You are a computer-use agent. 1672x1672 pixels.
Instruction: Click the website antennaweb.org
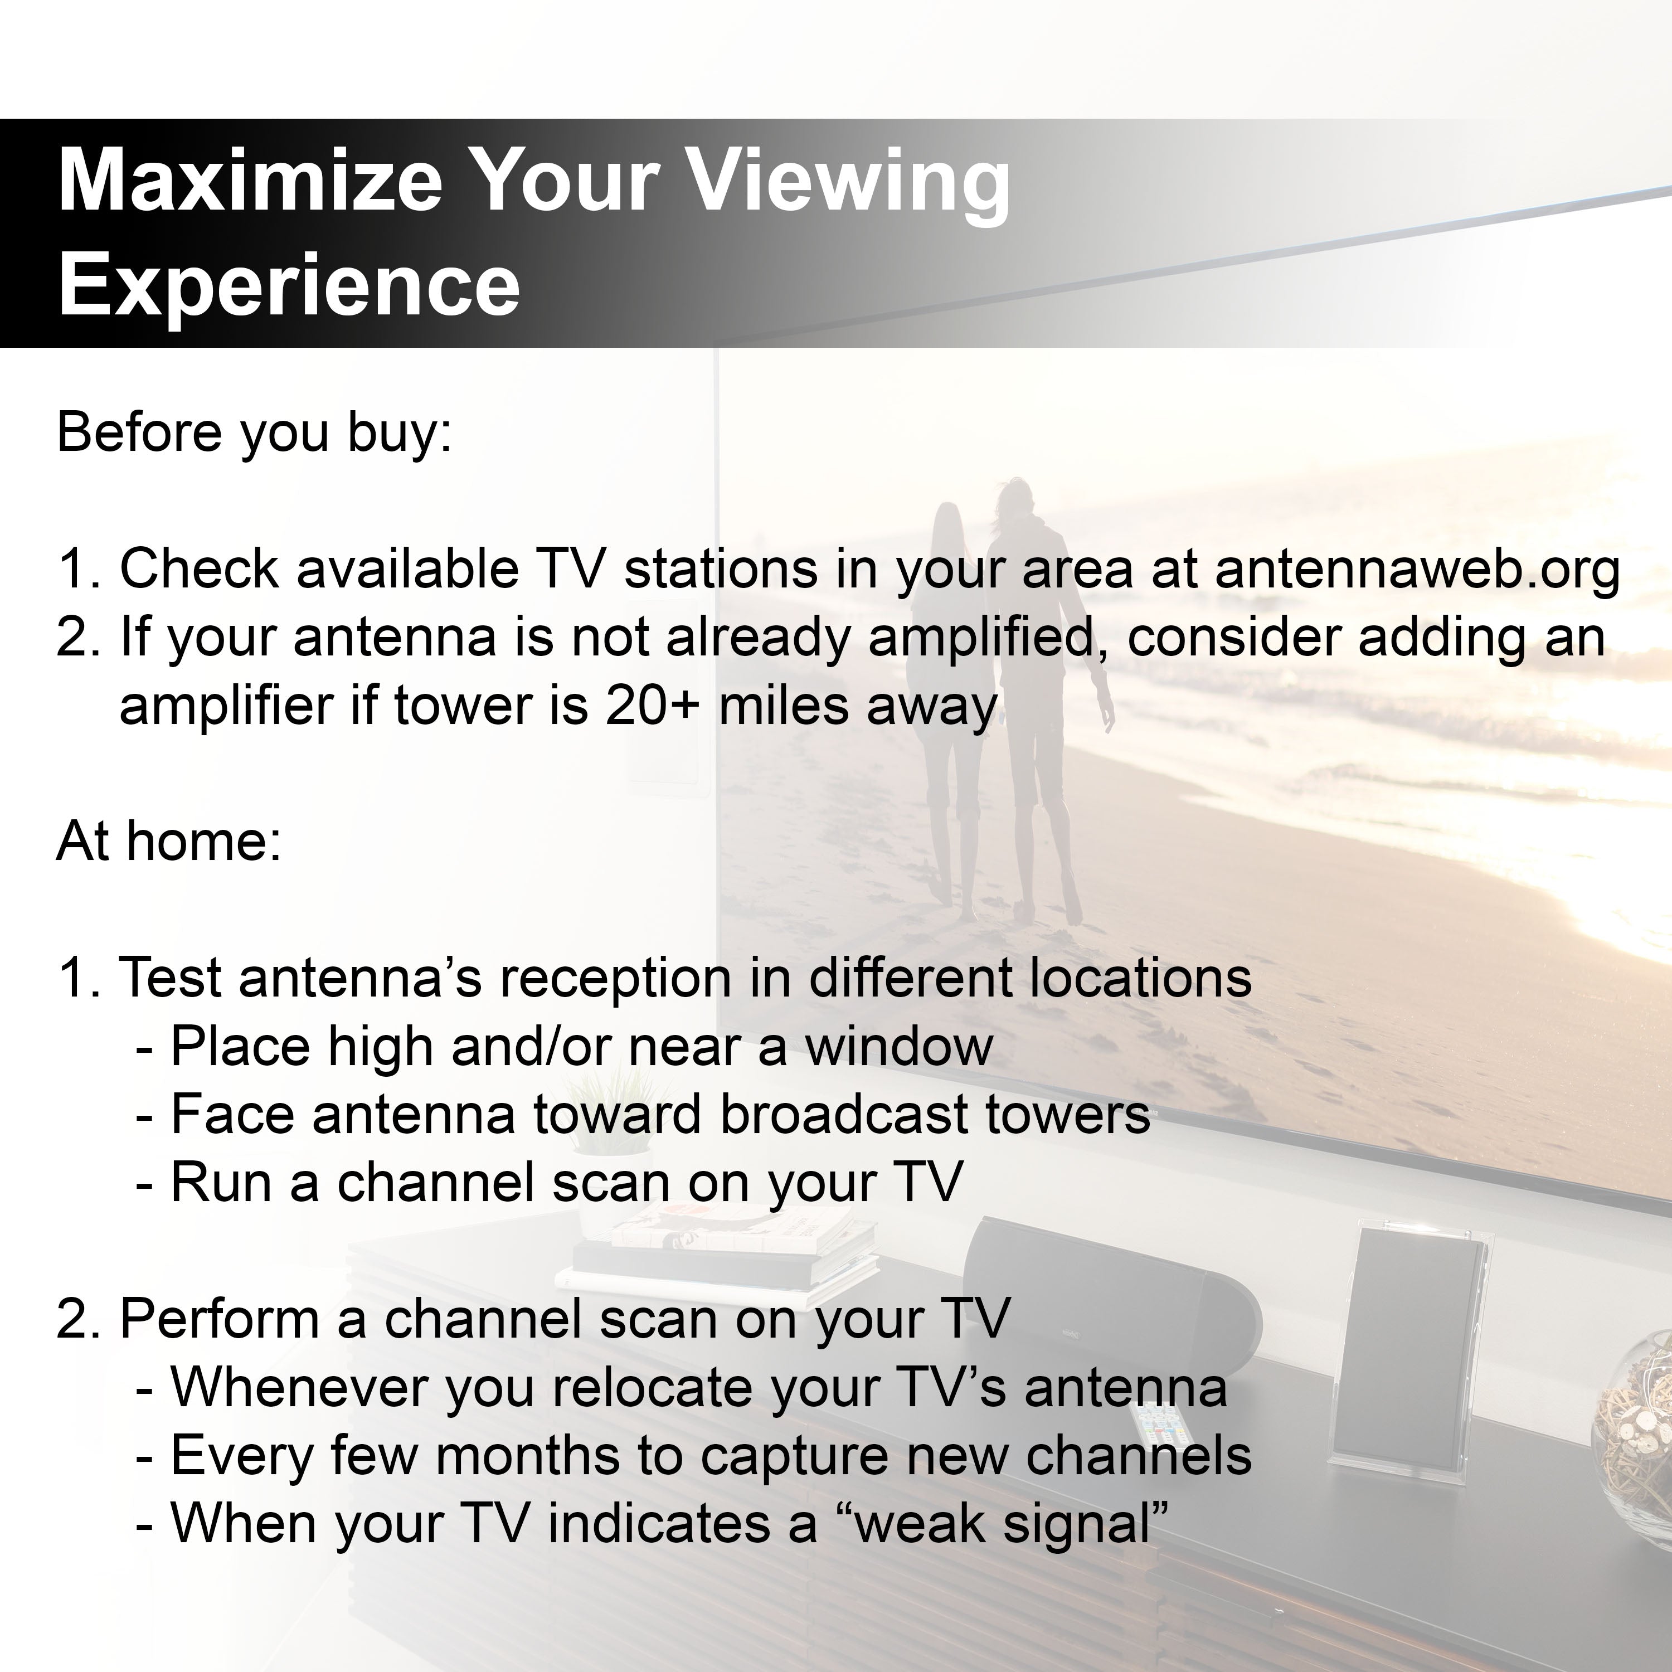1417,570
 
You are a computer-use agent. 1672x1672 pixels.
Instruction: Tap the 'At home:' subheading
169,840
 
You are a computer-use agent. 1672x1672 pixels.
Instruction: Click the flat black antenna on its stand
1406,1350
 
